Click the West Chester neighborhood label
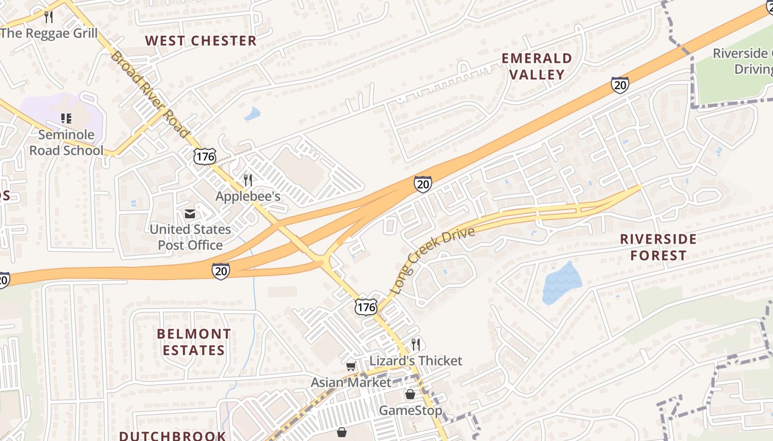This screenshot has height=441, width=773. [x=201, y=41]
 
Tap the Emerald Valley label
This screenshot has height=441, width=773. [x=537, y=66]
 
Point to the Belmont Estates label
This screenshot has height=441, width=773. [x=194, y=342]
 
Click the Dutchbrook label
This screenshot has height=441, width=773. [x=172, y=435]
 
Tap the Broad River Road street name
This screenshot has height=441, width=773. [x=150, y=94]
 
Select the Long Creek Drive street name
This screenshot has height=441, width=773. [x=432, y=261]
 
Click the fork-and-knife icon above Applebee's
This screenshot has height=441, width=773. [x=248, y=180]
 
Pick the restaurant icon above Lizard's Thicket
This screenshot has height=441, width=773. [x=416, y=345]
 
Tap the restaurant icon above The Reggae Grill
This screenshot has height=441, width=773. [x=49, y=17]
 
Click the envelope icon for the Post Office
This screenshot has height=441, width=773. [x=190, y=213]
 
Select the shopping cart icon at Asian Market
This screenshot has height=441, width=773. [x=351, y=366]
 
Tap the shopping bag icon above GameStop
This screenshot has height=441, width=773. [x=410, y=394]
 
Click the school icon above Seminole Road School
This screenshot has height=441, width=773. [x=66, y=118]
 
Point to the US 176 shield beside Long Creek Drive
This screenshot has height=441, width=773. [x=366, y=306]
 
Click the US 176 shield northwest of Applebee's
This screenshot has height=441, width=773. [x=204, y=156]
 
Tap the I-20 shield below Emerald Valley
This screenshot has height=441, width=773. [x=620, y=84]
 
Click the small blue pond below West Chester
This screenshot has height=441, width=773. [x=252, y=114]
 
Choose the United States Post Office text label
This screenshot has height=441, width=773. [x=190, y=237]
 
